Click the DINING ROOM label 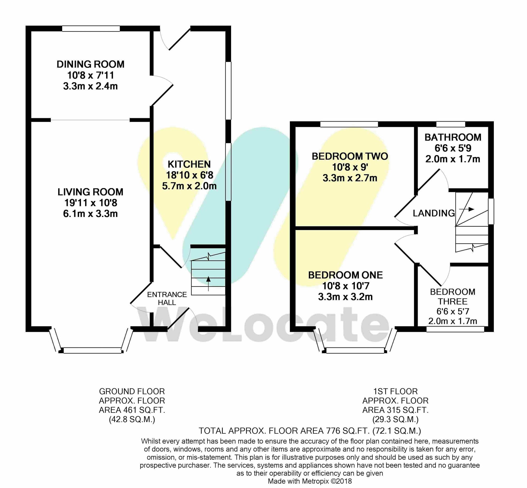[x=90, y=64]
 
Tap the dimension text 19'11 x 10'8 [x=90, y=203]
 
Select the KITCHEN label [x=189, y=164]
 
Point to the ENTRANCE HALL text [x=167, y=298]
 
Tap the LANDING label [x=434, y=213]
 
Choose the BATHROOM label [x=453, y=137]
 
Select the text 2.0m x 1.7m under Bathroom [x=453, y=159]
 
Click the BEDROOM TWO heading [x=350, y=156]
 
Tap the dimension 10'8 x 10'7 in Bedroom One [x=345, y=286]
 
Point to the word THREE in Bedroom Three [x=453, y=302]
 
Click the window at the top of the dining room [x=91, y=28]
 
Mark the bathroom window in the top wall [x=451, y=124]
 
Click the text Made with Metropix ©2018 [x=310, y=481]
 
